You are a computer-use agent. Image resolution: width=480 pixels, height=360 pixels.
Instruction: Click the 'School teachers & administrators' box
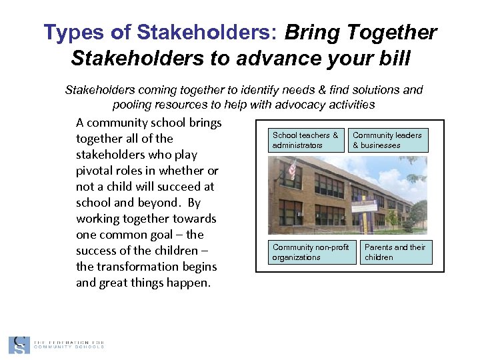(305, 140)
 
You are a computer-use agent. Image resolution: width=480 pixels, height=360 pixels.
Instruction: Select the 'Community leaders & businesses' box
(387, 140)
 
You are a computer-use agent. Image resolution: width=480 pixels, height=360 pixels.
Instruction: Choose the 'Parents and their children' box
(395, 252)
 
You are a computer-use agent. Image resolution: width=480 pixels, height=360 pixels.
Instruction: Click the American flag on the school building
(291, 169)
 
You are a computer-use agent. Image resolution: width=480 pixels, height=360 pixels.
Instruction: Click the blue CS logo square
(19, 345)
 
